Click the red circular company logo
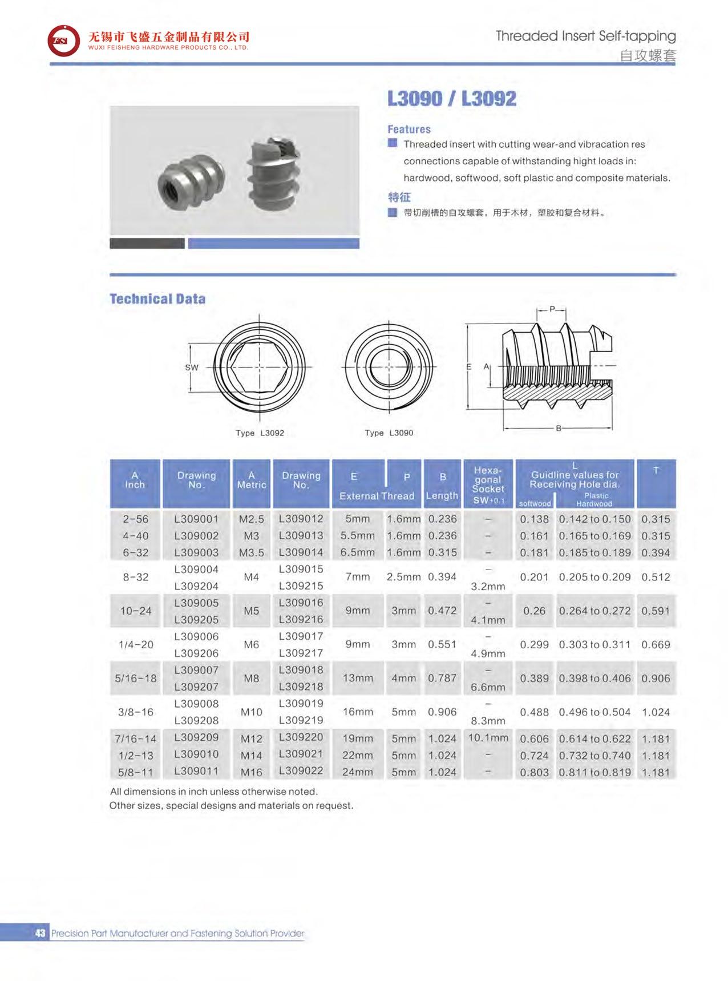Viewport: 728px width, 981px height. pos(63,41)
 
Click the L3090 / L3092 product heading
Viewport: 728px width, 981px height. pos(451,99)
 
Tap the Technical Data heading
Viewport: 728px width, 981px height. pos(157,299)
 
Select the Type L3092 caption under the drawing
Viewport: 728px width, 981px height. pos(260,433)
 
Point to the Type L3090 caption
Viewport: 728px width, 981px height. pos(389,433)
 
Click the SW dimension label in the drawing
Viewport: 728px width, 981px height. pos(192,368)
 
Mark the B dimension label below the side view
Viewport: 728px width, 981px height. pos(559,428)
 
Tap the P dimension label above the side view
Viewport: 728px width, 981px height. pos(552,309)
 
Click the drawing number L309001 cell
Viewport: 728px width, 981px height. pos(196,519)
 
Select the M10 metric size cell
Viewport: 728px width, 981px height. pos(251,712)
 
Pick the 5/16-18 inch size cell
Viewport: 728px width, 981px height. pos(136,678)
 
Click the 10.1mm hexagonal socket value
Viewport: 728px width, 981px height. pos(488,737)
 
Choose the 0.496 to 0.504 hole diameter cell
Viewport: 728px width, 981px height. pos(594,712)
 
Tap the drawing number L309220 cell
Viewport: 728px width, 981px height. pos(301,737)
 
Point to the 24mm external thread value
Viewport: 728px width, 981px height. pos(357,772)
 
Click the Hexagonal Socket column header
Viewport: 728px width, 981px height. pos(488,485)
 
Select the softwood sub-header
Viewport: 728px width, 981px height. pos(535,503)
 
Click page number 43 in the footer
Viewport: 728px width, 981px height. pos(40,933)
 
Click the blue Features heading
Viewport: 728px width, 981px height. pos(409,130)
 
